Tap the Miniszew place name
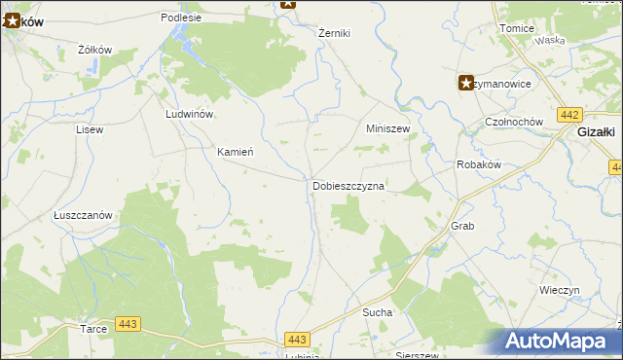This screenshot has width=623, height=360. point(387,128)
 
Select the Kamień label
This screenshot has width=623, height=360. point(235,153)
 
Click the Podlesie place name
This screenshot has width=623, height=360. point(181,18)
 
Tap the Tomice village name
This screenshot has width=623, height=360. point(516,28)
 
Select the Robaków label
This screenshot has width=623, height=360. point(478,165)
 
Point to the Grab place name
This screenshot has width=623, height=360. point(461,226)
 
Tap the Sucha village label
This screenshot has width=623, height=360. point(377,313)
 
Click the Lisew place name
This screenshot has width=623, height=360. point(90,129)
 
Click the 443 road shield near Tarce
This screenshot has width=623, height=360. point(127,323)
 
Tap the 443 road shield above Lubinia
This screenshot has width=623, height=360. point(298,339)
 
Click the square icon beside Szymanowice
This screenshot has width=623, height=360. point(466,83)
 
